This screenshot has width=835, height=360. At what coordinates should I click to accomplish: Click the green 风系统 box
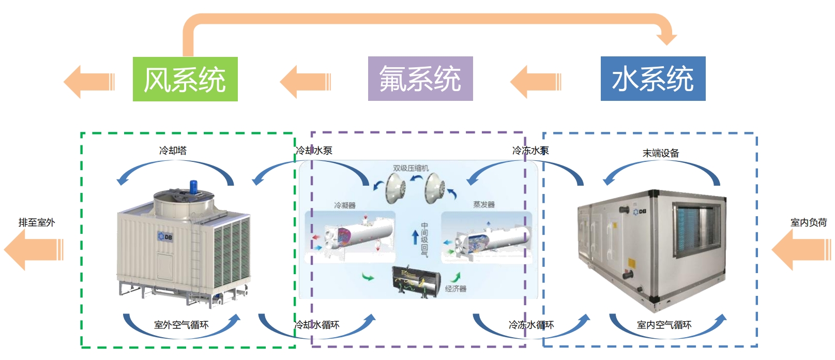click(x=185, y=79)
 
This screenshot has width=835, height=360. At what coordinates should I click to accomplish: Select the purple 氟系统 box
click(x=420, y=79)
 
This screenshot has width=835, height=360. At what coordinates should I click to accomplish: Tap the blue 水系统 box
click(x=653, y=79)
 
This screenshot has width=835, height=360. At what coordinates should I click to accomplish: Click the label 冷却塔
click(x=173, y=151)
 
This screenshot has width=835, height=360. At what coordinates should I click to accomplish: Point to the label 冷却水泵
click(x=314, y=151)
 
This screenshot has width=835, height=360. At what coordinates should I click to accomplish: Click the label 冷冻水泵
click(x=530, y=151)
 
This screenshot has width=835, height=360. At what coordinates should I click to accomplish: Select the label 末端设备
click(x=661, y=153)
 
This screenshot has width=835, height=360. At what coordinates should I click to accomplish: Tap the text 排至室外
click(x=37, y=222)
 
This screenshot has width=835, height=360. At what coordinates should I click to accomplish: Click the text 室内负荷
click(x=809, y=222)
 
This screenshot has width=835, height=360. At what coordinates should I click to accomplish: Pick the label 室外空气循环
click(x=181, y=325)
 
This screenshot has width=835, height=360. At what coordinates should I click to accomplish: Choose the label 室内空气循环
click(x=664, y=325)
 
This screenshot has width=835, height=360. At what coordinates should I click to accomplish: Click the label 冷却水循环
click(x=317, y=325)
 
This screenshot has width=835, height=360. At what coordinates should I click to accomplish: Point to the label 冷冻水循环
click(x=532, y=325)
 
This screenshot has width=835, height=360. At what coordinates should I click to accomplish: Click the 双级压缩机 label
click(x=411, y=168)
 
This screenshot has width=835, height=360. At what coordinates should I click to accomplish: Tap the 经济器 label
click(x=456, y=289)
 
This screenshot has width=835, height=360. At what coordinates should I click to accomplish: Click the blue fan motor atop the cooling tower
click(x=194, y=186)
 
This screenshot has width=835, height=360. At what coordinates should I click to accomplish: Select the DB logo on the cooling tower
click(x=165, y=236)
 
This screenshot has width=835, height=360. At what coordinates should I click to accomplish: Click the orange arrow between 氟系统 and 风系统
click(x=305, y=82)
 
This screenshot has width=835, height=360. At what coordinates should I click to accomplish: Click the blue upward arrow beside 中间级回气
click(x=415, y=237)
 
